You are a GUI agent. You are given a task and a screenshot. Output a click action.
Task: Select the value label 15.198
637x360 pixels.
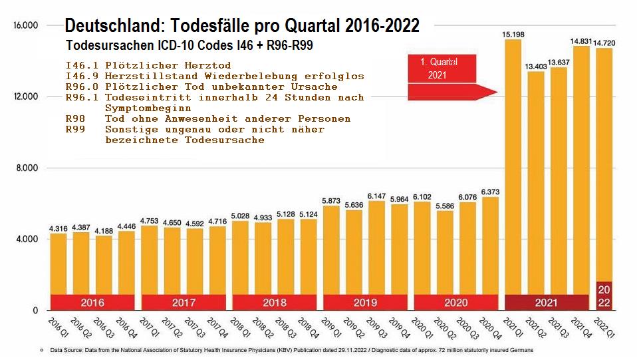tap(513, 33)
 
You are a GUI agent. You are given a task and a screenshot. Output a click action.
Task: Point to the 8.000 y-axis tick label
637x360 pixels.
tap(27, 168)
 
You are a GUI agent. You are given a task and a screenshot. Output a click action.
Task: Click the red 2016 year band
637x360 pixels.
tap(92, 302)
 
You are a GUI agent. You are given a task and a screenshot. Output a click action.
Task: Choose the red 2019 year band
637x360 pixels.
tap(365, 302)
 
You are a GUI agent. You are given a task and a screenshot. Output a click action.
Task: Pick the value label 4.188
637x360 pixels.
tap(104, 230)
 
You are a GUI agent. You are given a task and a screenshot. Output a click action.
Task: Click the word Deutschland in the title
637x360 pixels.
tap(114, 26)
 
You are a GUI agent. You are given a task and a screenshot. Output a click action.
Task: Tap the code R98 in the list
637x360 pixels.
tap(75, 118)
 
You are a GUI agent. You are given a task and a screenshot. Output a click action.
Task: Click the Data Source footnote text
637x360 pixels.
tap(286, 349)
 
